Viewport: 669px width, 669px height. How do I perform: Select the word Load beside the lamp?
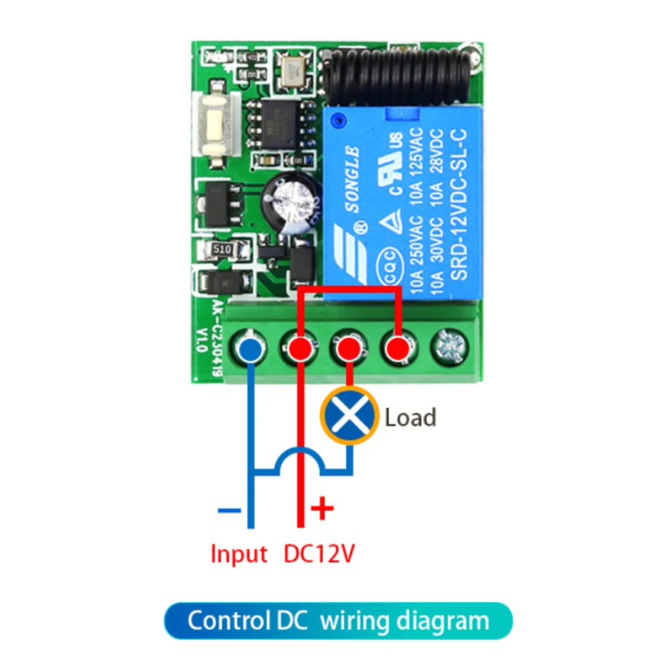[x=410, y=417]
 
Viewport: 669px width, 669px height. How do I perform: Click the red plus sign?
[x=321, y=508]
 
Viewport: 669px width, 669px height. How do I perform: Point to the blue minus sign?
[x=228, y=510]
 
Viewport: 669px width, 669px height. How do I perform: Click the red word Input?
[x=239, y=554]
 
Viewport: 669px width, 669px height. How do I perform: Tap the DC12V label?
[x=319, y=554]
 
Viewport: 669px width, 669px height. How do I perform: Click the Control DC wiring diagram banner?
[x=338, y=622]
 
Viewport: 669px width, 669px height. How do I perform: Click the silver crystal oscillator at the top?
[x=295, y=70]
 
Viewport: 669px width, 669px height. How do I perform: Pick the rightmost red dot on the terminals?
[x=396, y=349]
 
